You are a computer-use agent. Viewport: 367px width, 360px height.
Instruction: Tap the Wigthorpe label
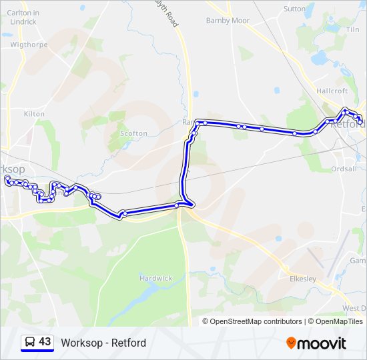29,45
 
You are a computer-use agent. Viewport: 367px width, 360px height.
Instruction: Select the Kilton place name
34,114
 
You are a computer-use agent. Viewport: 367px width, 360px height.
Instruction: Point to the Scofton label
133,133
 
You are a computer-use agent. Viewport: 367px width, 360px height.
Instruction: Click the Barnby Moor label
228,21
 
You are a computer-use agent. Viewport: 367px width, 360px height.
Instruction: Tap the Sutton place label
294,9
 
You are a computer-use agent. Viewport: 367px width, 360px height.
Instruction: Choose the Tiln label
353,29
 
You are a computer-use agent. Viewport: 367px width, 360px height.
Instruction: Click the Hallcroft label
332,91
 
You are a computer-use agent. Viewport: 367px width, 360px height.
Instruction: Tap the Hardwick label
155,278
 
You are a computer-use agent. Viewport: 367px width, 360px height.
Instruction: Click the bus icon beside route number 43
29,343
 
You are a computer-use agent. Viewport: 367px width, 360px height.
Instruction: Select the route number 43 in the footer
45,342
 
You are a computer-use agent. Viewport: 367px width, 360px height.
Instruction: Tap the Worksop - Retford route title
103,343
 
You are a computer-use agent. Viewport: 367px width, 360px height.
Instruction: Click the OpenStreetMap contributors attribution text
256,321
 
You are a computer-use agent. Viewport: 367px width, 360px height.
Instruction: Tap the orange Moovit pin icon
292,343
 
